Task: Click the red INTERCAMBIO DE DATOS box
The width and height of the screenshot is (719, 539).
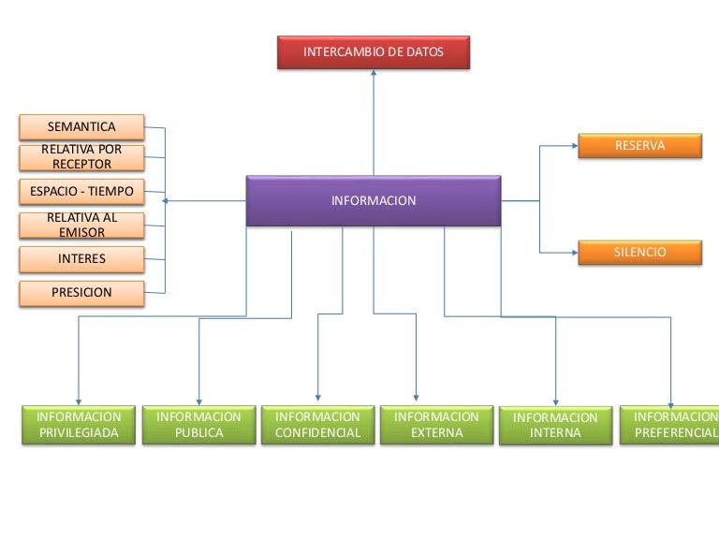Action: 373,52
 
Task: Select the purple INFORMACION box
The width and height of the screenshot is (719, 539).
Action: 374,200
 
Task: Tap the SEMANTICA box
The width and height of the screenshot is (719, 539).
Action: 81,126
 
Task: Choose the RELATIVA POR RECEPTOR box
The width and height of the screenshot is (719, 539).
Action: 81,156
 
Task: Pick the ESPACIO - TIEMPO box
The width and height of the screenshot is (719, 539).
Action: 81,192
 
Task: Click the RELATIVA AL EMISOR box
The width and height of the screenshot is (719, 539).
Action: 81,225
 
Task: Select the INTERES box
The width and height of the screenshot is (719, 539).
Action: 81,258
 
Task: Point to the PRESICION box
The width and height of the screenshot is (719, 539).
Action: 81,293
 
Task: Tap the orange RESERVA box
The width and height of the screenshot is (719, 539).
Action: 639,146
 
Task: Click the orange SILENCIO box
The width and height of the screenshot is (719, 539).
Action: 639,253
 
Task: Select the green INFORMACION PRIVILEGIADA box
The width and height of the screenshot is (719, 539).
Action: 79,425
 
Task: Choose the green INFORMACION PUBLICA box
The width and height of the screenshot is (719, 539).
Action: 198,425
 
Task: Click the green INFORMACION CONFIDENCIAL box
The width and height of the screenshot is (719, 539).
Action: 317,425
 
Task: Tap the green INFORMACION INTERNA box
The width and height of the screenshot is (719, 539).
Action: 555,426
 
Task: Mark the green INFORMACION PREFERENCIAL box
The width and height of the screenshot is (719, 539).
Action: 671,425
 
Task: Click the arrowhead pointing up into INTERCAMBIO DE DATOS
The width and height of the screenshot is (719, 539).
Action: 373,75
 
